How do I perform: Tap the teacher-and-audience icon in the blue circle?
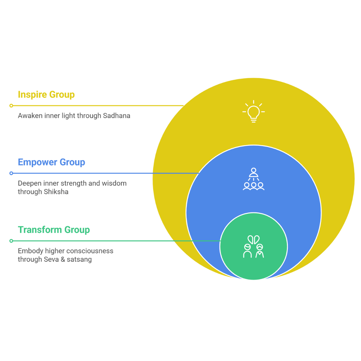tap(253, 179)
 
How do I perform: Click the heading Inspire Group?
tap(46, 95)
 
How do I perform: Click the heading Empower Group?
tap(51, 162)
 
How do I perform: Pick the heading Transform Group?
tap(54, 230)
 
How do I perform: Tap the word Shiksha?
tap(56, 192)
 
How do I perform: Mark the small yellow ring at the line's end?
tap(11, 106)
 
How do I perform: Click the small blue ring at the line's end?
tap(11, 173)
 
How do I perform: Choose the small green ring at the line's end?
tap(11, 241)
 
